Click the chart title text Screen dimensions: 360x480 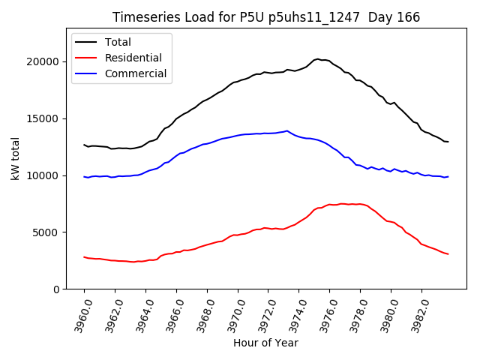tap(266, 17)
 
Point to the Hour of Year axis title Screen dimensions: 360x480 tap(265, 343)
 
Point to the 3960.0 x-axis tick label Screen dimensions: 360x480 tap(77, 313)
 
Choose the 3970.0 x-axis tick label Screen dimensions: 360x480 tap(230, 313)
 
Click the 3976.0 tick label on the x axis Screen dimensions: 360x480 tap(322, 313)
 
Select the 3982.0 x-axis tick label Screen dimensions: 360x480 tap(414, 313)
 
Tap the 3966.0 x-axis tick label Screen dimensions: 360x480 tap(169, 313)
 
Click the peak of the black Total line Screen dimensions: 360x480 tap(317, 58)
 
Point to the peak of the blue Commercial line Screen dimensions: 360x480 tap(286, 130)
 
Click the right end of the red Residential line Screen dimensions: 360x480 tap(448, 254)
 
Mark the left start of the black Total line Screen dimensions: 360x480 tap(84, 145)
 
